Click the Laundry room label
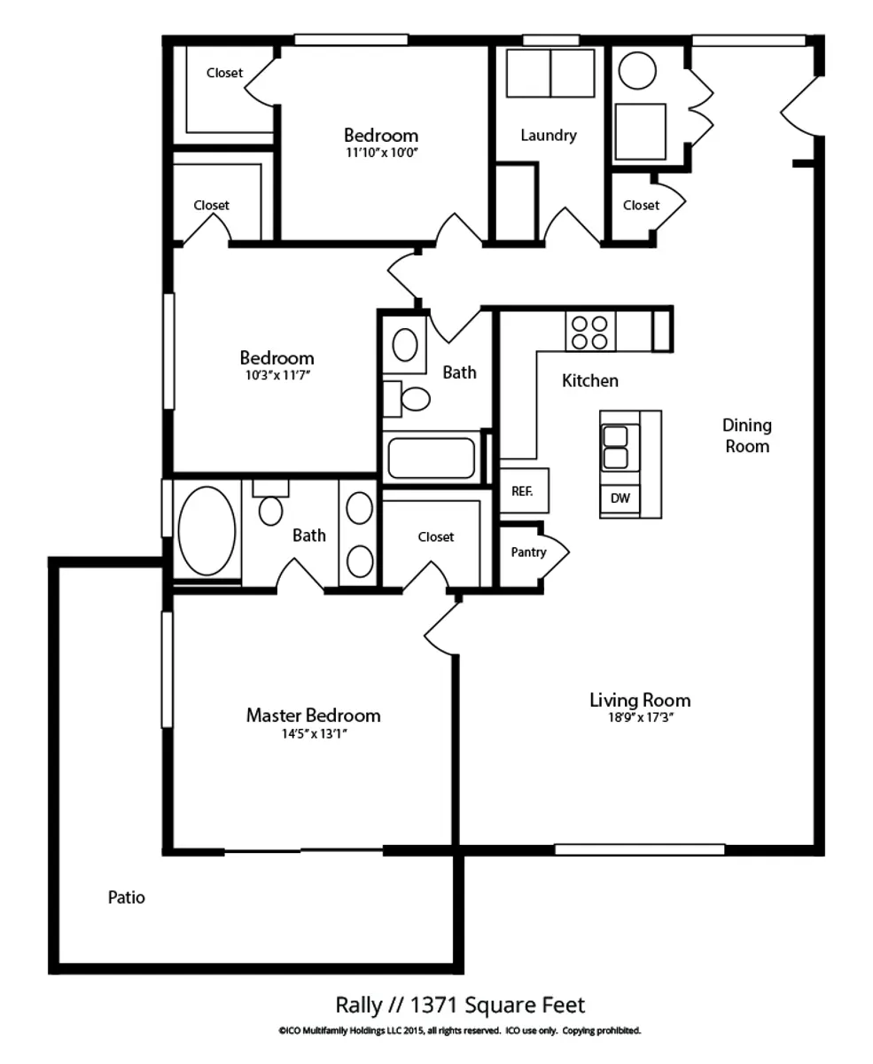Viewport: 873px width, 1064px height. click(x=549, y=135)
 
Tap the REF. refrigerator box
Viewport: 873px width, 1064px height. click(x=524, y=490)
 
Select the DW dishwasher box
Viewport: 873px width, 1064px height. click(x=620, y=498)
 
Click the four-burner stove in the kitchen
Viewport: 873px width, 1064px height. click(x=590, y=331)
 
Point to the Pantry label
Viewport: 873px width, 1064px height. click(x=528, y=552)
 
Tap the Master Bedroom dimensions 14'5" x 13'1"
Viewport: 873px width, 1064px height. click(x=315, y=733)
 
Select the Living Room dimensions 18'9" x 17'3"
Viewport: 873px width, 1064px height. click(x=641, y=717)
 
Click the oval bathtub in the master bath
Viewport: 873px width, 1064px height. click(x=207, y=531)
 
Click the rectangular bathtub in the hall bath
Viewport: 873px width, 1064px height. click(x=432, y=458)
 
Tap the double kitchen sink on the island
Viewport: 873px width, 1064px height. click(x=615, y=448)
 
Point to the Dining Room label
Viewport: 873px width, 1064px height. click(x=747, y=436)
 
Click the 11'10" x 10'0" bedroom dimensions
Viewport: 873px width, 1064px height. click(x=382, y=153)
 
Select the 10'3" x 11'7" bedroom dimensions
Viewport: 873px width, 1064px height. click(x=277, y=375)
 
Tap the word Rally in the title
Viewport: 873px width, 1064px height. click(x=359, y=1005)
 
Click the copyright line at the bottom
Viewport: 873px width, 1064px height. click(x=460, y=1030)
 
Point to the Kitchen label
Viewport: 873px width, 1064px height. click(x=590, y=380)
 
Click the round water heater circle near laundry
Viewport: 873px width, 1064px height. click(x=637, y=71)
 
